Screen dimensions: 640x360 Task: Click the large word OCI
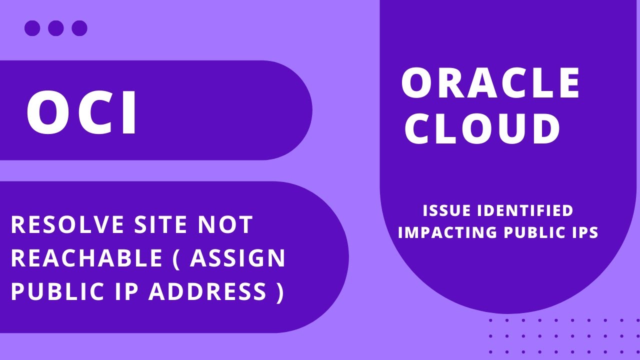tap(81, 112)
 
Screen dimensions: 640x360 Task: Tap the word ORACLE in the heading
tap(490, 83)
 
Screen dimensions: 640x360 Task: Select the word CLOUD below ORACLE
tap(482, 128)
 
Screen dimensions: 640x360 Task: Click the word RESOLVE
tap(67, 224)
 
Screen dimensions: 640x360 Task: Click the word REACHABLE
tap(87, 258)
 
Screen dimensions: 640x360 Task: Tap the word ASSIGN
tap(237, 258)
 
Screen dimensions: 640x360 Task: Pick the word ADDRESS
tap(207, 291)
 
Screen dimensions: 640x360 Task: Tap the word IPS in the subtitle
tap(583, 232)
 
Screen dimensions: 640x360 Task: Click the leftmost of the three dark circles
tap(32, 28)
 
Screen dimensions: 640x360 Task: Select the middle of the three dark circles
tap(55, 28)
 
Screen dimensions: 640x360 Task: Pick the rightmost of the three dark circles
tap(79, 28)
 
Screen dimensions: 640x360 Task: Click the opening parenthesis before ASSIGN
tap(176, 259)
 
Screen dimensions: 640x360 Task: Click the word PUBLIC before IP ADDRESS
tap(57, 291)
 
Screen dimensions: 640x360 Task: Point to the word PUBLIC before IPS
tap(533, 232)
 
